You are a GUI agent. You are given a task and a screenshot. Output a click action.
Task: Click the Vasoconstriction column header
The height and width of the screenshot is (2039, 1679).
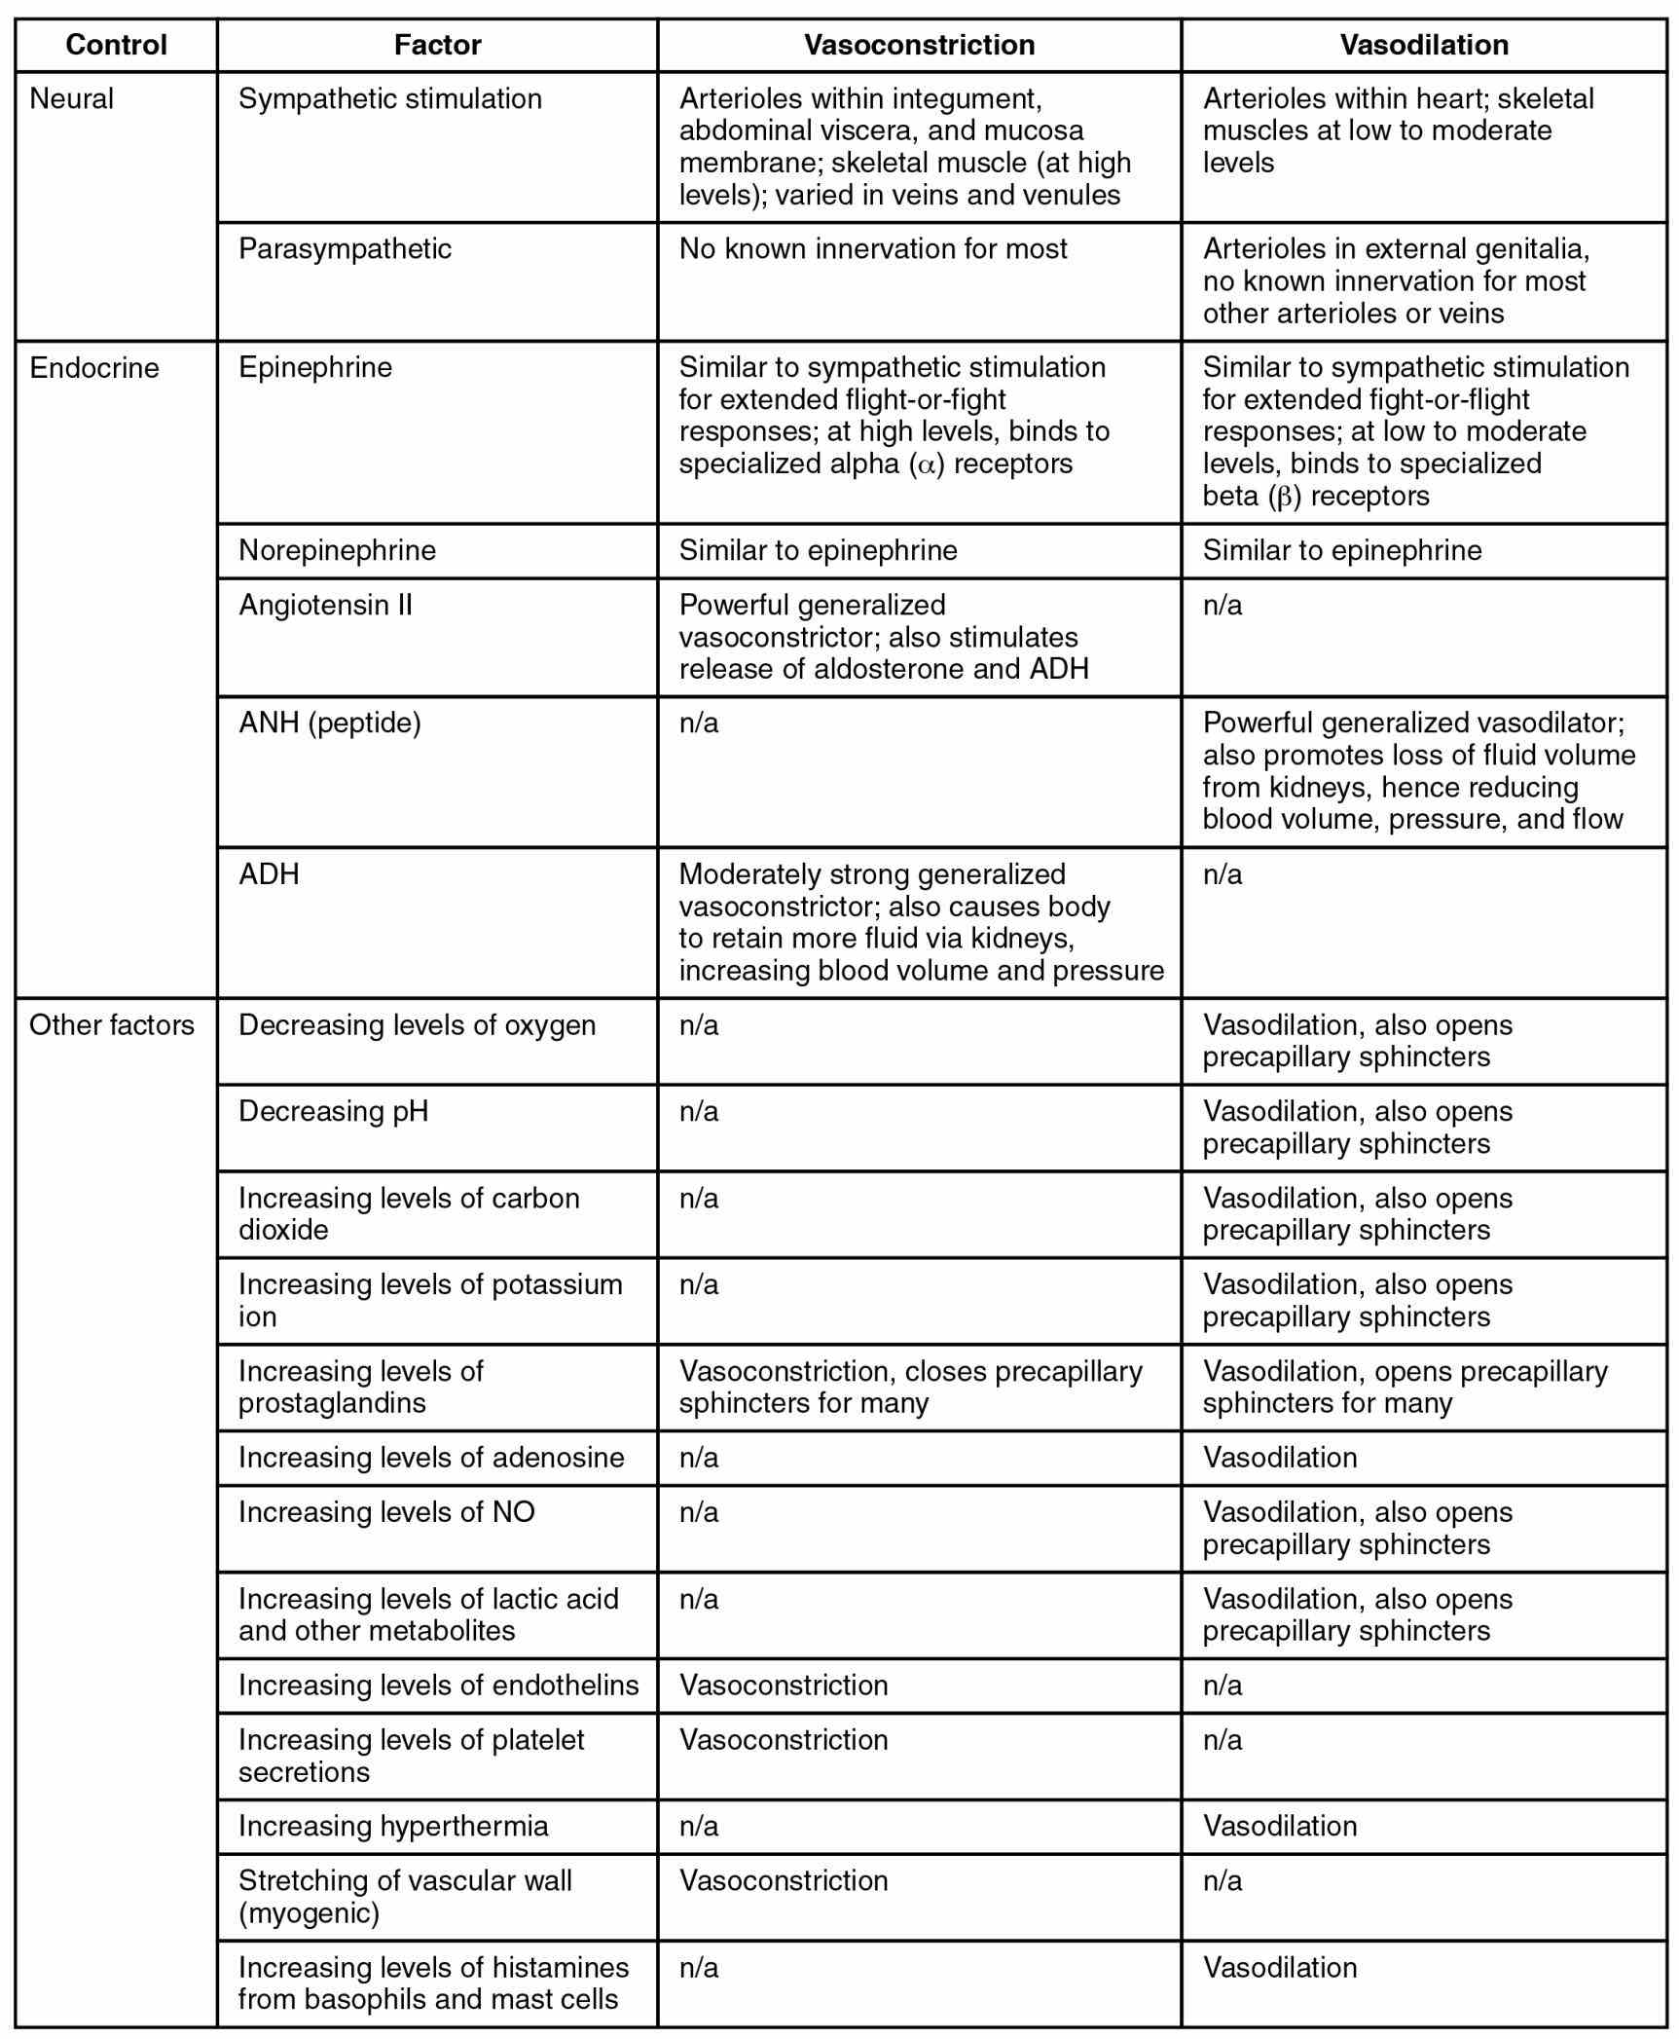click(919, 45)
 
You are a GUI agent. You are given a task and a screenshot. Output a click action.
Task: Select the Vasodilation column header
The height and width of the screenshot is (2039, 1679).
click(1423, 45)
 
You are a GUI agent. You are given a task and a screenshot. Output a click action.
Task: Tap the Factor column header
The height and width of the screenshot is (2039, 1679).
click(437, 45)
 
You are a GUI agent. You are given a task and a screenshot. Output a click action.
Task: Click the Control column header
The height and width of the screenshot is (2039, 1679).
click(116, 45)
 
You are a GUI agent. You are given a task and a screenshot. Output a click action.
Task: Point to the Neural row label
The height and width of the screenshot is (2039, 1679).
click(72, 99)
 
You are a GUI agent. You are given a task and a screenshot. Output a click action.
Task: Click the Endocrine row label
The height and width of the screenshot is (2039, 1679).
click(93, 368)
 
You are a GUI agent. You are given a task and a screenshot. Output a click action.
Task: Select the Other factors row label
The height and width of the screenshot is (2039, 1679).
click(112, 1025)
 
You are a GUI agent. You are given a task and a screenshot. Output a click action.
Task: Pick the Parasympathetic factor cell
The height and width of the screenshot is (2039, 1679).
click(345, 249)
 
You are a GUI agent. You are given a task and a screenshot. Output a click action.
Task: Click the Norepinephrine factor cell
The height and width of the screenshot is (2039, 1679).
click(337, 551)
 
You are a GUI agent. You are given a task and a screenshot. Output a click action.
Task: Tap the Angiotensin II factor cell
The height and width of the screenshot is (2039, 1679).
click(325, 606)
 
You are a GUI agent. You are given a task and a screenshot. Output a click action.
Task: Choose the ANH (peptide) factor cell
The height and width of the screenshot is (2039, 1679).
click(330, 723)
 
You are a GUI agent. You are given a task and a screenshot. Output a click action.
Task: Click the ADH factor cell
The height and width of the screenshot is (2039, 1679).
click(269, 874)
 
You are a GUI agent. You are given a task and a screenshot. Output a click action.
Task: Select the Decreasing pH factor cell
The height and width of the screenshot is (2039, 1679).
click(333, 1112)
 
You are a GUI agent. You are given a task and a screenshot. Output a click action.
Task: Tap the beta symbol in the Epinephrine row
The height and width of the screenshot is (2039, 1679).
click(1284, 498)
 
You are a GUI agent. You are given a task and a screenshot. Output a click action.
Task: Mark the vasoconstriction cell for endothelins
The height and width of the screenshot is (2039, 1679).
click(784, 1686)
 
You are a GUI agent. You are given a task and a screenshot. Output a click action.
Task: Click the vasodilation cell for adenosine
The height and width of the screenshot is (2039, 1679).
click(1279, 1458)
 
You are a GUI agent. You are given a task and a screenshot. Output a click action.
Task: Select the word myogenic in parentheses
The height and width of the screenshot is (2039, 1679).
click(309, 1913)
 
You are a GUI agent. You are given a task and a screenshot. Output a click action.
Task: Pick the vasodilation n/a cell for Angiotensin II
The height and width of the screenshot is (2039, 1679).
click(1223, 606)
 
